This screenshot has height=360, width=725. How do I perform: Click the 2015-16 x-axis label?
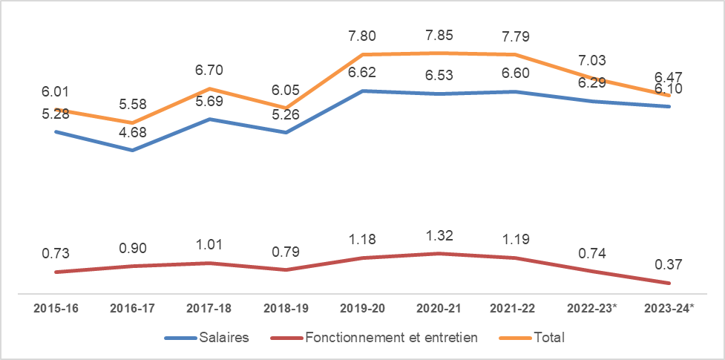tap(56, 308)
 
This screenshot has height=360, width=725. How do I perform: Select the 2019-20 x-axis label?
tap(363, 308)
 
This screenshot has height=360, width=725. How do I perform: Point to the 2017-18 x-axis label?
tap(209, 308)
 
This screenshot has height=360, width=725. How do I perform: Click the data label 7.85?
tap(439, 36)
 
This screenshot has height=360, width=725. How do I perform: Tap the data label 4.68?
tap(132, 132)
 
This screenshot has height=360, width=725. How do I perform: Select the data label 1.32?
tap(439, 236)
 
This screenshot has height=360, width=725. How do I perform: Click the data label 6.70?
tap(209, 71)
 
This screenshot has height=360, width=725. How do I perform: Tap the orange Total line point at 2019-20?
tap(363, 54)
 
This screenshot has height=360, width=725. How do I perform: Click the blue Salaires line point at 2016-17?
tap(132, 150)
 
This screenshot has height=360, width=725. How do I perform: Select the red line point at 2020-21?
tap(439, 253)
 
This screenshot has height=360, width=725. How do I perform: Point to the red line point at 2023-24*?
tap(670, 283)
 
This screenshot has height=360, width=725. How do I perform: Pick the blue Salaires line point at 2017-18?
tap(209, 119)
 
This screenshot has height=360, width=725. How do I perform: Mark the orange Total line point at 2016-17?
tap(132, 122)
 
